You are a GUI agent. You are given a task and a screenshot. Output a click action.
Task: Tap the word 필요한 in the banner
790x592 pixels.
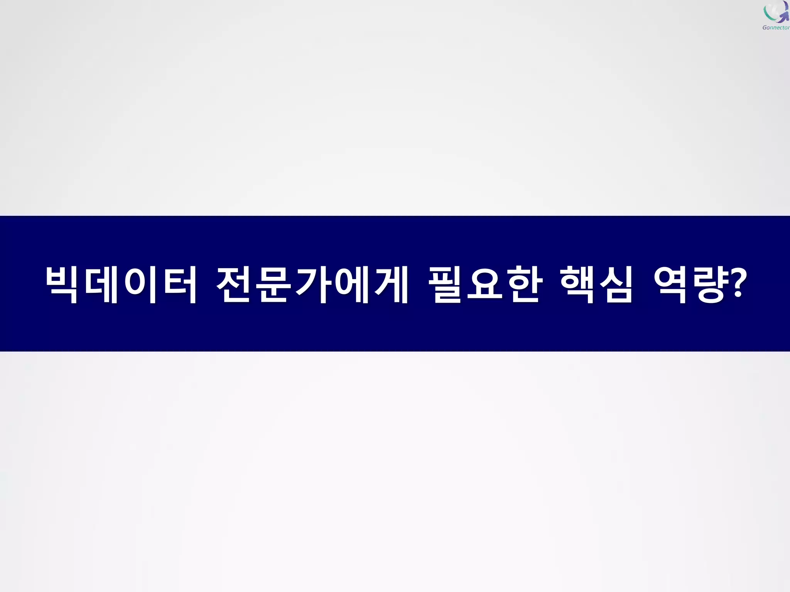tap(486, 284)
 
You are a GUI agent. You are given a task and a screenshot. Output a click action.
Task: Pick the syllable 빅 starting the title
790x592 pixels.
tap(62, 284)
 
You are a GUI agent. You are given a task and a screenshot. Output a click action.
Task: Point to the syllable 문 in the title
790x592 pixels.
tap(274, 284)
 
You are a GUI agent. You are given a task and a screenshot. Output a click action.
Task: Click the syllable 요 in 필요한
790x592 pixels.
tap(485, 284)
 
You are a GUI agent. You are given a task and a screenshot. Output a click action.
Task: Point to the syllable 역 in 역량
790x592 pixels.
tap(670, 284)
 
